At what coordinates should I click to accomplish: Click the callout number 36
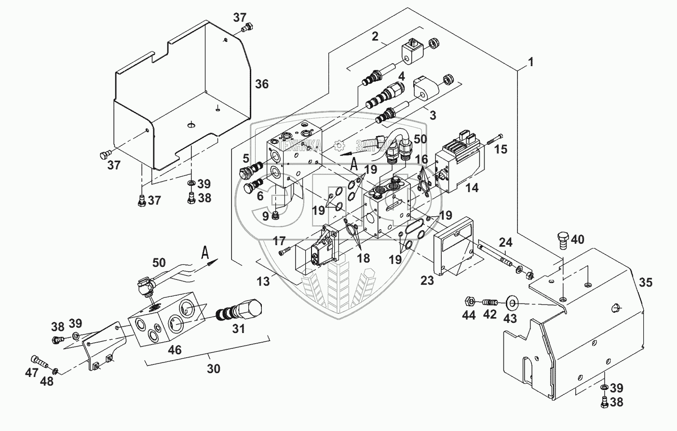262,84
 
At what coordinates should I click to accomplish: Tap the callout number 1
530,62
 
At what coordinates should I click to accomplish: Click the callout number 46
175,349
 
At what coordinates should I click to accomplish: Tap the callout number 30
214,369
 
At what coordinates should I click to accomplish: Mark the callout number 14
472,188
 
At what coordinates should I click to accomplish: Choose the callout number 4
401,76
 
